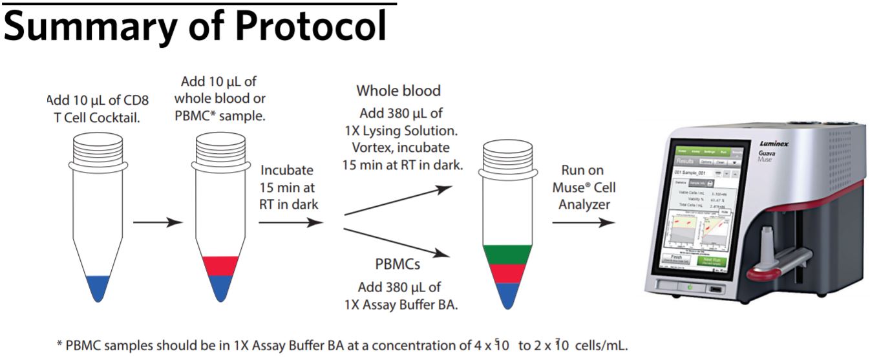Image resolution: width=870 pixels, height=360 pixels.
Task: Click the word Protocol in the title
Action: pyautogui.click(x=310, y=27)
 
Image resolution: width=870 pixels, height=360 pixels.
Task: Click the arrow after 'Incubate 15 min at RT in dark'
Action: pyautogui.click(x=290, y=222)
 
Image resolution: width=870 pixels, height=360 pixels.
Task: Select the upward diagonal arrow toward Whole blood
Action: pyautogui.click(x=398, y=200)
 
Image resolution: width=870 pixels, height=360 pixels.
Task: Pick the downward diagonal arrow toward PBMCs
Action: pyautogui.click(x=398, y=242)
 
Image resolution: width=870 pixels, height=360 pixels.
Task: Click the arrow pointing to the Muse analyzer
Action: pyautogui.click(x=582, y=222)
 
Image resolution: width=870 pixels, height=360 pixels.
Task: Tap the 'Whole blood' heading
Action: pyautogui.click(x=397, y=90)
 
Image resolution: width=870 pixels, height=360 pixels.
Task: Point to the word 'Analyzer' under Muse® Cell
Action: pyautogui.click(x=584, y=204)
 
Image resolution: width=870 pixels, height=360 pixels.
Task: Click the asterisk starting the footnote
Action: pyautogui.click(x=59, y=346)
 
